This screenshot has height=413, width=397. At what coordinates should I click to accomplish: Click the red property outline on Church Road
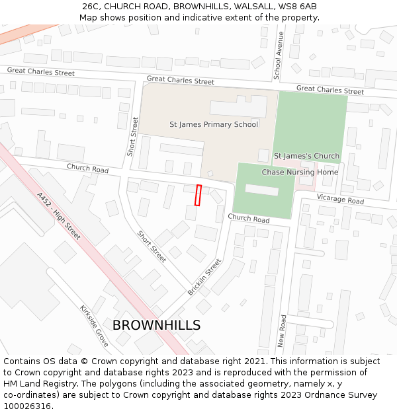(198, 195)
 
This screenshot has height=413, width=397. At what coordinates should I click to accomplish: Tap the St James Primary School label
(214, 124)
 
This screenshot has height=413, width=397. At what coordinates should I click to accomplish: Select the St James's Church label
(306, 156)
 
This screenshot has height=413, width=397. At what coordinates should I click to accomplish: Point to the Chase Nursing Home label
(300, 172)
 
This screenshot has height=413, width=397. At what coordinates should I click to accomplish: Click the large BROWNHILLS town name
(156, 325)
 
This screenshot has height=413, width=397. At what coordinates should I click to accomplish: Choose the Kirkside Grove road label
(94, 326)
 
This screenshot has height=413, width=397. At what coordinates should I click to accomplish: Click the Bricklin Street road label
(204, 277)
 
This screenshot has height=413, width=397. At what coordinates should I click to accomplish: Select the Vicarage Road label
(340, 200)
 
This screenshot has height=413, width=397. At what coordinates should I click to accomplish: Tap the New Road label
(283, 330)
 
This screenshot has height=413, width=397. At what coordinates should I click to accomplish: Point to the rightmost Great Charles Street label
(330, 90)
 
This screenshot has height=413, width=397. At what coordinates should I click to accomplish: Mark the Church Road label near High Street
(87, 169)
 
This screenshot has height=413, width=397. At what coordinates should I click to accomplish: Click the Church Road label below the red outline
(248, 219)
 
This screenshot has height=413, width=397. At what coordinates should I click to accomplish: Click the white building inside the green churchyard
(262, 190)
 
